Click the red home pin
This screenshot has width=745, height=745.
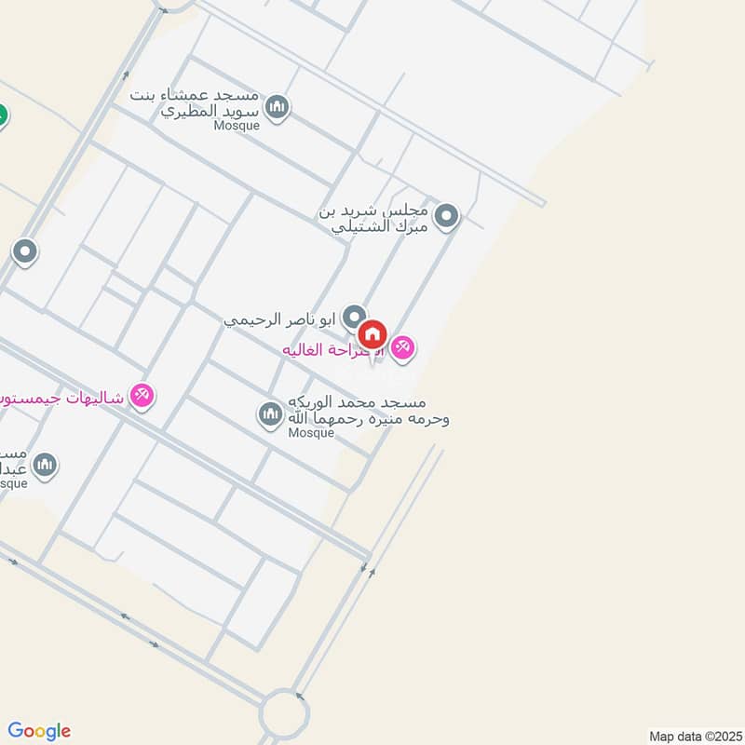372,333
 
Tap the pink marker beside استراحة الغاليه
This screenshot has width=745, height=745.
403,348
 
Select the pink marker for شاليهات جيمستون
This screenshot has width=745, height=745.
142,396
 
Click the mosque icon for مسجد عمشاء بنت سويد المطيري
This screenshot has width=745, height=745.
277,109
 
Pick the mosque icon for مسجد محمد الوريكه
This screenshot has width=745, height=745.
270,413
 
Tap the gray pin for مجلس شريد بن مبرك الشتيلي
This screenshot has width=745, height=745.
448,217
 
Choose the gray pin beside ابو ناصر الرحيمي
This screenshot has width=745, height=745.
353,318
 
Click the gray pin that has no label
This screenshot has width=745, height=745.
24,251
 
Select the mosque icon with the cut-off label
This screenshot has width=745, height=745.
44,464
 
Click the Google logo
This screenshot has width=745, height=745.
39,731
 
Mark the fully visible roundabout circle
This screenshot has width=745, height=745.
284,715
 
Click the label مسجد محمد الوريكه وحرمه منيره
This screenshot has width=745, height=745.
368,411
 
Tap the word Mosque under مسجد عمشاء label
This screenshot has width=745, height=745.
237,126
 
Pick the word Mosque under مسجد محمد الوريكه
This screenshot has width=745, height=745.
311,433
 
